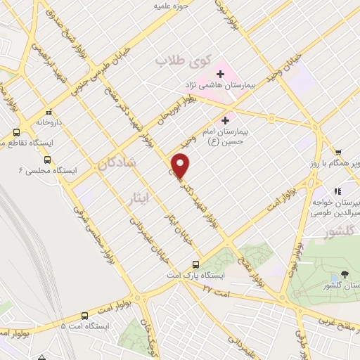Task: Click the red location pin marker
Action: coord(181,165)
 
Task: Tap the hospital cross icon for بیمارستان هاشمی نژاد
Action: coord(220,73)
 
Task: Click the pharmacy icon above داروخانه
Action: coord(49,111)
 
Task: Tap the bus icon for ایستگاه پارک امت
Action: coord(197,265)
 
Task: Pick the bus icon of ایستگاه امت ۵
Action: coord(84,316)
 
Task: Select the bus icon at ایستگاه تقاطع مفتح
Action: coord(16,132)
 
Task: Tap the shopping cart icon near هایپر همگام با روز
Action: coord(338,152)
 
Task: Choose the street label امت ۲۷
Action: coord(216,287)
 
